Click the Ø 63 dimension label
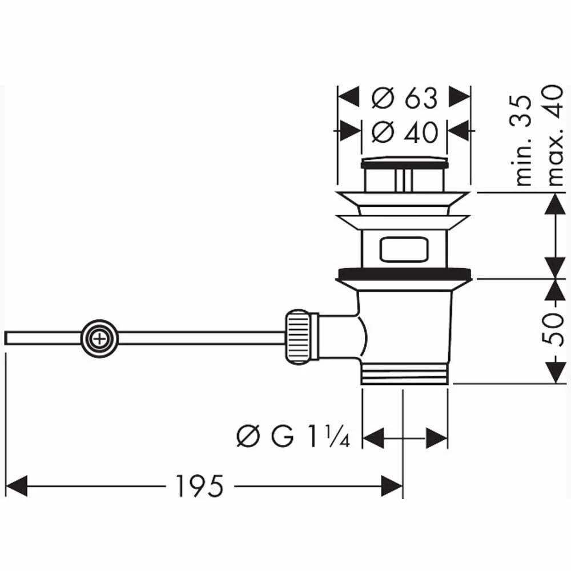pos(404,99)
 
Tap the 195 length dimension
pos(198,486)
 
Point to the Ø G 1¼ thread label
pos(292,438)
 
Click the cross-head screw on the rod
pos(100,338)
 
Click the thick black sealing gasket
pos(404,274)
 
